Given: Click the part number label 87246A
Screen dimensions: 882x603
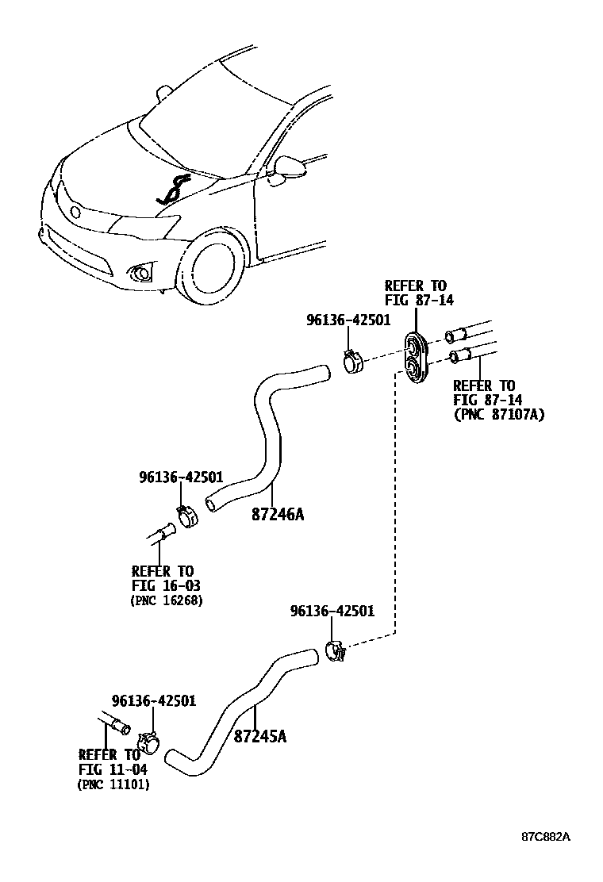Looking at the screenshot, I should (x=278, y=514).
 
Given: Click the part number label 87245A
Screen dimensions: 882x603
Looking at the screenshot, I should (x=259, y=736).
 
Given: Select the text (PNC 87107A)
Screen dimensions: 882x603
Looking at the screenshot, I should (x=498, y=414).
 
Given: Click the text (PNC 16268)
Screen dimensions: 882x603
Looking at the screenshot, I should (x=166, y=600).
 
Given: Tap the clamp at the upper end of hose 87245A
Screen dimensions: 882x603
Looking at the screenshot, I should (x=336, y=651).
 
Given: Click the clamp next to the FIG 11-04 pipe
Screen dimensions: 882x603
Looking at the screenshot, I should (x=149, y=743).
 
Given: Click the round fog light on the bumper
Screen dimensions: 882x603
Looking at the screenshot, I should (x=143, y=274).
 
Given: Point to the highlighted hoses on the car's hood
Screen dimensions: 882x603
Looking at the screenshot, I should (x=173, y=191).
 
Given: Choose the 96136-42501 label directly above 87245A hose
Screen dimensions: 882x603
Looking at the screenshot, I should (x=332, y=612).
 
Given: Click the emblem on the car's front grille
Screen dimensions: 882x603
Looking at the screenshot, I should (x=75, y=213).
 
